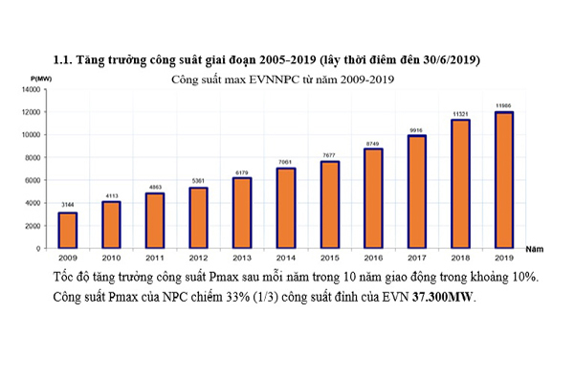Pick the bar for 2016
point(372,198)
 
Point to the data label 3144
point(68,205)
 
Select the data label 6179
point(242,171)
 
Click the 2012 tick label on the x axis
point(198,258)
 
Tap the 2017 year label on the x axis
point(416,258)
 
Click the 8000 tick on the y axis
point(33,157)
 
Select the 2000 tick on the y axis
point(33,225)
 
